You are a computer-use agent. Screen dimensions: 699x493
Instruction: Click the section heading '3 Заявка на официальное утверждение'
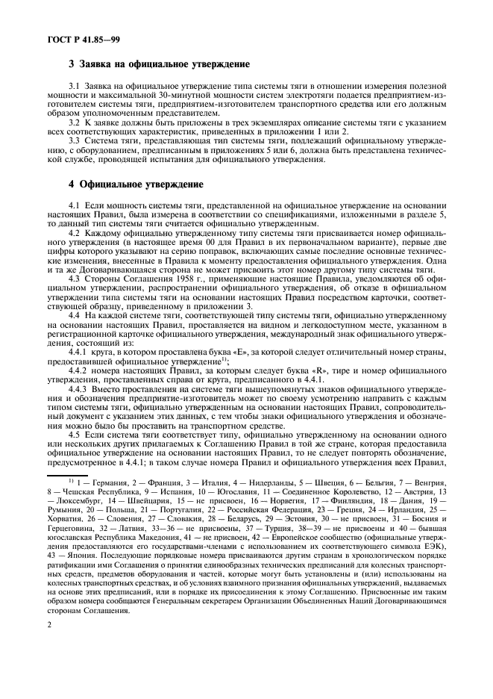coord(159,66)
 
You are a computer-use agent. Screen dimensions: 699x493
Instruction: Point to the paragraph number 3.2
coord(75,122)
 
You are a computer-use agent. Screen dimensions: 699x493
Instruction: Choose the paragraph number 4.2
coord(75,233)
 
